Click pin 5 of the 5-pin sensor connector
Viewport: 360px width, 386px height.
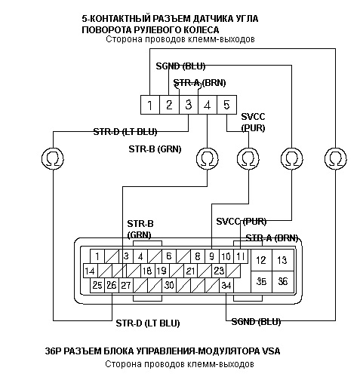pos(226,105)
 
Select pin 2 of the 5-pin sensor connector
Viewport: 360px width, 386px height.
pos(169,105)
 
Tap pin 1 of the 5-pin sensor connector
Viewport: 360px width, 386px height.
pos(150,105)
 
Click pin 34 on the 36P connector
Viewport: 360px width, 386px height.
pos(226,286)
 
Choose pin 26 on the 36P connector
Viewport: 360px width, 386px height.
pos(112,286)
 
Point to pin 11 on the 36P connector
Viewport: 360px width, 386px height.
pos(241,256)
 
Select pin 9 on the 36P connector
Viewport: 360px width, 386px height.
pos(212,256)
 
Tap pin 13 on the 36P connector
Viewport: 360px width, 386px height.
pos(282,260)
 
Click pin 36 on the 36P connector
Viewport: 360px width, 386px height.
pos(282,282)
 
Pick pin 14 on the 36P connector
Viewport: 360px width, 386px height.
pos(90,271)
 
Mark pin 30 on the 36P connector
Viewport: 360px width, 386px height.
pos(169,286)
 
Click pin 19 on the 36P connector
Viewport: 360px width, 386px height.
pos(162,271)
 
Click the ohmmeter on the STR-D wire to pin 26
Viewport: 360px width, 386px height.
pos(53,158)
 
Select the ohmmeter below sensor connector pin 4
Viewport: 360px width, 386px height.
pos(208,158)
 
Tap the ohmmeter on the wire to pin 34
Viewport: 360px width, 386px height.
pos(336,158)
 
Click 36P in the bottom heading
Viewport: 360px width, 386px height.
pos(54,351)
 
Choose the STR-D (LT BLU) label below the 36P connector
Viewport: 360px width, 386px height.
pos(148,323)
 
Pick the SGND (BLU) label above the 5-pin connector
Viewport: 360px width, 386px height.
pos(180,66)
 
